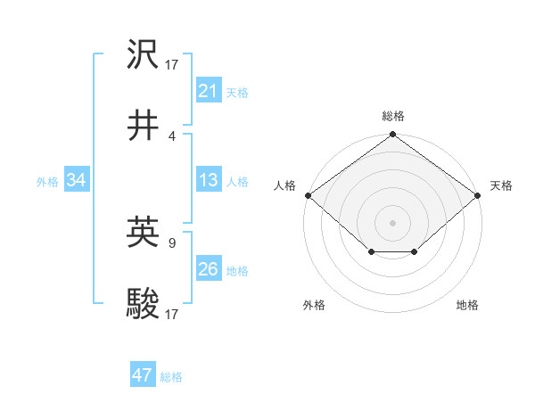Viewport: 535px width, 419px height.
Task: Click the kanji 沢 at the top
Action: click(144, 54)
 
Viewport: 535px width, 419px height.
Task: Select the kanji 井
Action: click(144, 126)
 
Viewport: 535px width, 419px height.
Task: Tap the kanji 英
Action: click(144, 233)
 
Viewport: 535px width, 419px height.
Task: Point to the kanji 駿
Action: click(144, 304)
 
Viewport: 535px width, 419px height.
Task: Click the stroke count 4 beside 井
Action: click(172, 136)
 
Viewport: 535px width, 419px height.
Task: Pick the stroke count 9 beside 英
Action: click(172, 242)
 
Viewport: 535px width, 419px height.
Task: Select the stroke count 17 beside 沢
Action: click(172, 64)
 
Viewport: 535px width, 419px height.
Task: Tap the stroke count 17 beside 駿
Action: click(172, 314)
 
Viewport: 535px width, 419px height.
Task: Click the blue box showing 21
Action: click(208, 91)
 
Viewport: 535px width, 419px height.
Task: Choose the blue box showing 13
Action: click(208, 180)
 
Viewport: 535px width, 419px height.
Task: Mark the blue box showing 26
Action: click(208, 269)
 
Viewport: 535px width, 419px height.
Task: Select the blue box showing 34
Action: click(77, 180)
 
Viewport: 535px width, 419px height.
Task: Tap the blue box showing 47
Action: click(143, 375)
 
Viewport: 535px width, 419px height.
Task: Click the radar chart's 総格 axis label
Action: click(393, 116)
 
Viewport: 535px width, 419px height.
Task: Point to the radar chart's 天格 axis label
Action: click(501, 185)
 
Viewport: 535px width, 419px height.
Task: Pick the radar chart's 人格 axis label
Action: click(284, 185)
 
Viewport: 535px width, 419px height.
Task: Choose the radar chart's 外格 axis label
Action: click(314, 306)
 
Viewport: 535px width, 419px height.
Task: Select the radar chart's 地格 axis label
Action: click(467, 306)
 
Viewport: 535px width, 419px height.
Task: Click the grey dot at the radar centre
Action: click(392, 222)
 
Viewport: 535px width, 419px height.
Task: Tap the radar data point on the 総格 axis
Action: click(392, 136)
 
